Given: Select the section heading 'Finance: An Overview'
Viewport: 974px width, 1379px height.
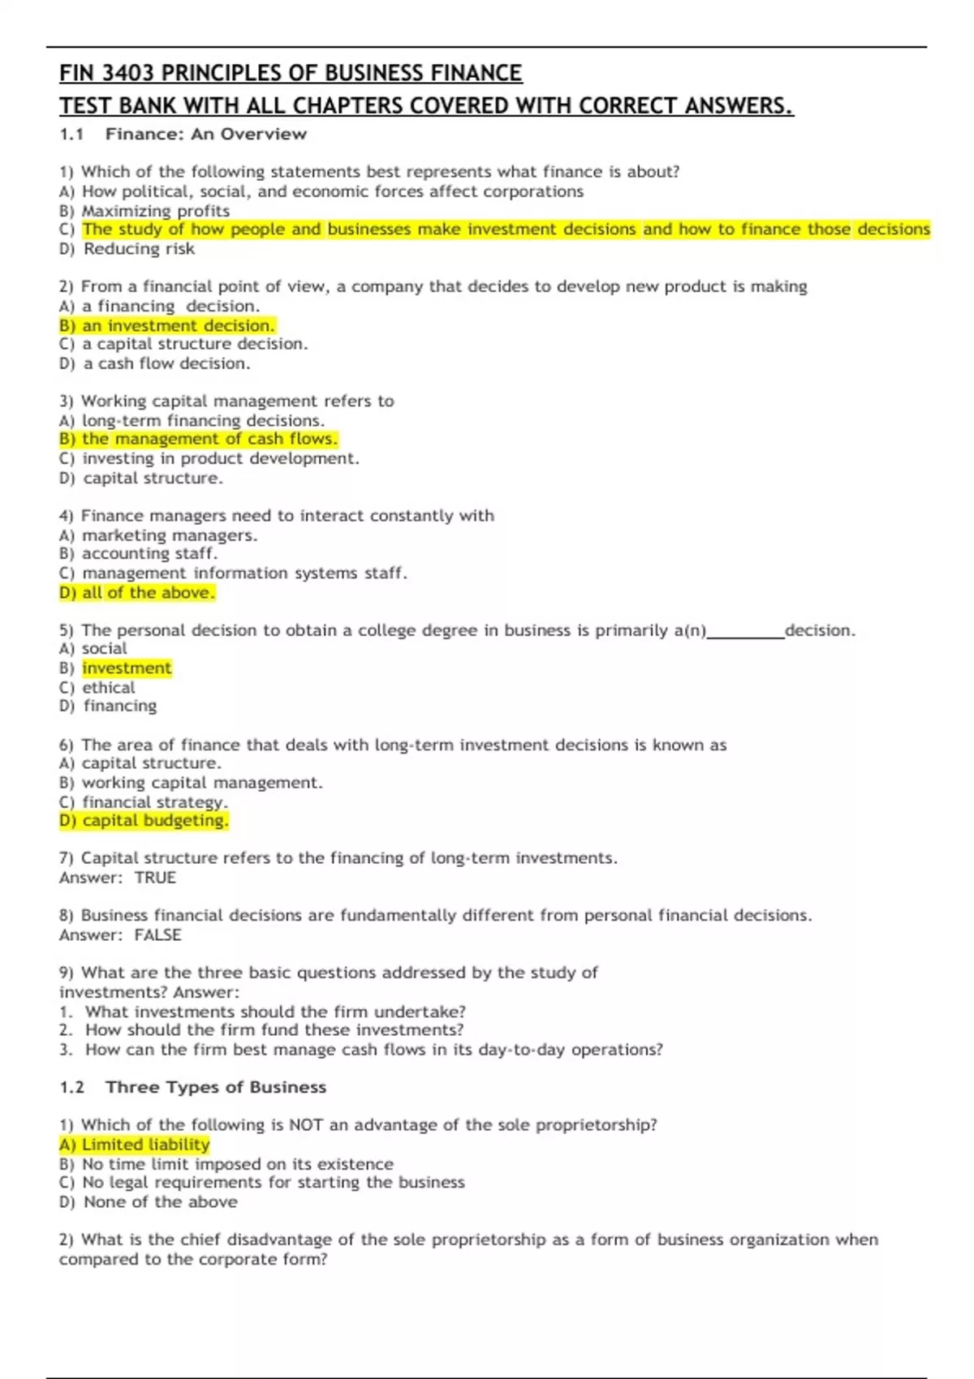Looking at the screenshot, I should coord(205,135).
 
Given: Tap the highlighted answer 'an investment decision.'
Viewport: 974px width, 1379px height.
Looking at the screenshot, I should coord(179,326).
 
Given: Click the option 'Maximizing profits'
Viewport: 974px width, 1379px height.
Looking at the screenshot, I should coord(156,211).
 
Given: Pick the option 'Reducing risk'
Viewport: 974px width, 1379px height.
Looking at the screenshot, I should coord(139,249).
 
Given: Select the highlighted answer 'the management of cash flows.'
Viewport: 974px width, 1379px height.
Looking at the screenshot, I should coord(209,439).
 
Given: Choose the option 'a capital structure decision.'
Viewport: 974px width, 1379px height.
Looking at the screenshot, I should coord(195,344).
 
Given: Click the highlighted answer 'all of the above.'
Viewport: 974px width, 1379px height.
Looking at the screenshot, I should coord(149,593).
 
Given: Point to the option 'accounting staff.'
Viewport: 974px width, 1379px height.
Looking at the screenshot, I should coord(149,554).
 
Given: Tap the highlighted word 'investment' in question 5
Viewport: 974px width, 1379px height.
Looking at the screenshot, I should coord(127,668).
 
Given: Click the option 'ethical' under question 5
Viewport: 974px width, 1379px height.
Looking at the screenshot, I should coord(109,688).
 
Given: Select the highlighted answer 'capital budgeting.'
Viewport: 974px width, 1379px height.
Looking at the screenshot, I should coord(155,821).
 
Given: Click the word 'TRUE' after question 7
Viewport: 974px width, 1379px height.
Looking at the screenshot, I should coord(155,878).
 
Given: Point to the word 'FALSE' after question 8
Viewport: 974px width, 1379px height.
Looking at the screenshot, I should coord(157,935).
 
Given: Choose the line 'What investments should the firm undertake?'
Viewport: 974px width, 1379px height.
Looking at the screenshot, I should coord(275,1012).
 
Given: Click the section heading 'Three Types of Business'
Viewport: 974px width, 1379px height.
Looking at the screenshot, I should coord(216,1088).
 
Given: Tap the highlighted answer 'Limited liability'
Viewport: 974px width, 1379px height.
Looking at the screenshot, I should coord(146,1145).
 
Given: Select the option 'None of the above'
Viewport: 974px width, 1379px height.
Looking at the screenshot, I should coord(161,1202).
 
